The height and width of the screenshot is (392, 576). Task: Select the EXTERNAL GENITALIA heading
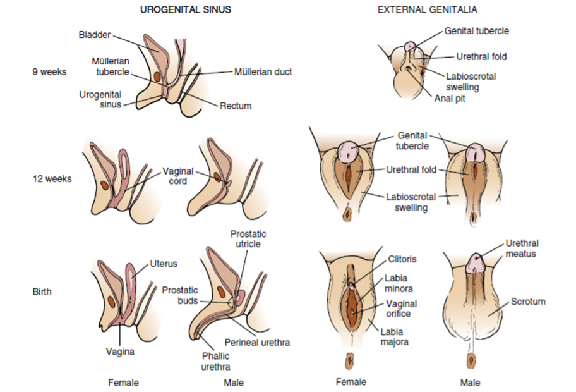coord(427,10)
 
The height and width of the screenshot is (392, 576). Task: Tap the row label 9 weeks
coord(49,71)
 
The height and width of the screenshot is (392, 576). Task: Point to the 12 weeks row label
coord(52,178)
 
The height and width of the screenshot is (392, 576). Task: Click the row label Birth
coord(42,291)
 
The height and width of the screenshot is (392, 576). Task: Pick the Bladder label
coord(95,34)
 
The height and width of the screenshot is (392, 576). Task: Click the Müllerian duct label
coord(263,71)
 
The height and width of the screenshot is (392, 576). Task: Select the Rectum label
coord(236,106)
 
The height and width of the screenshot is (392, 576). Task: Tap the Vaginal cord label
coord(179,176)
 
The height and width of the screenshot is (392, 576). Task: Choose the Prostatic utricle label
coord(246,239)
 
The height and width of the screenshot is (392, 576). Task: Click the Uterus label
coord(163,264)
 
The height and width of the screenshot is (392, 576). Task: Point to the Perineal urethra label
coord(257,342)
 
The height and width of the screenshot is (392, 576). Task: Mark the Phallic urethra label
coord(216,361)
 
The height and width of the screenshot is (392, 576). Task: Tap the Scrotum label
coord(527,302)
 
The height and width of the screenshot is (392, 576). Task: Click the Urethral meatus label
coord(522,248)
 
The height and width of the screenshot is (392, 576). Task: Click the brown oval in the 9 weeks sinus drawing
coord(157,77)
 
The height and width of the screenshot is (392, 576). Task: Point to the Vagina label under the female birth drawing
coord(119,352)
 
